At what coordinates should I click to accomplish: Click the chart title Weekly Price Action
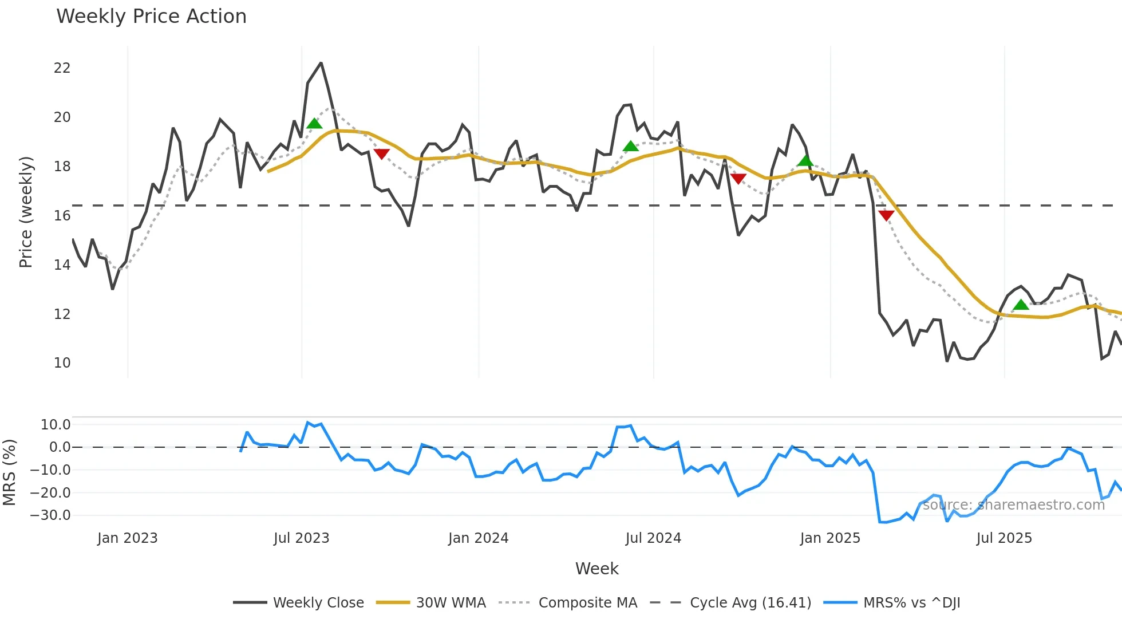[151, 17]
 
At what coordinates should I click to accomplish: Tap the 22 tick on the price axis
[62, 68]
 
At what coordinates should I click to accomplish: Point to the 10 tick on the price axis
[62, 363]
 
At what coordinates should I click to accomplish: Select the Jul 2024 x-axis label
[653, 538]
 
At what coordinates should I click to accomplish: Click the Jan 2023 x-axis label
[127, 538]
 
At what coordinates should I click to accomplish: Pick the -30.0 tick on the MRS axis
[50, 515]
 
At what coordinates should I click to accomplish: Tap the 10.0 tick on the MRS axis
[56, 425]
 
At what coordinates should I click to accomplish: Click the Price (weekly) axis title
[26, 212]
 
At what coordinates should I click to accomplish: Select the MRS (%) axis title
[9, 472]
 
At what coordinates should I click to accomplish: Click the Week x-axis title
[596, 569]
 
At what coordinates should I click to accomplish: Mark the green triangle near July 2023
[314, 124]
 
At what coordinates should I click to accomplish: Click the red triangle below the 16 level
[886, 215]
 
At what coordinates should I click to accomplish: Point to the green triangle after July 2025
[1021, 305]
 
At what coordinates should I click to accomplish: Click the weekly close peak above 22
[321, 63]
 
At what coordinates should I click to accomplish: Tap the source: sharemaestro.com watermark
[1013, 505]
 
